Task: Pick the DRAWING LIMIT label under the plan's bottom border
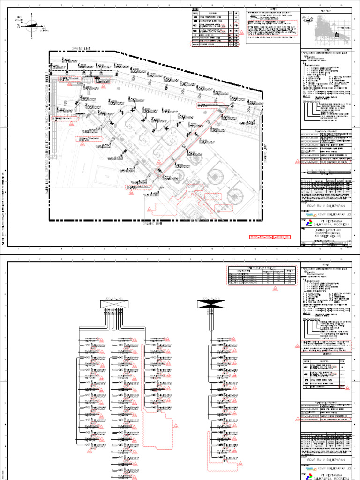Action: pyautogui.click(x=155, y=224)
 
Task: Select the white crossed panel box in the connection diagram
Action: pyautogui.click(x=113, y=305)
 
